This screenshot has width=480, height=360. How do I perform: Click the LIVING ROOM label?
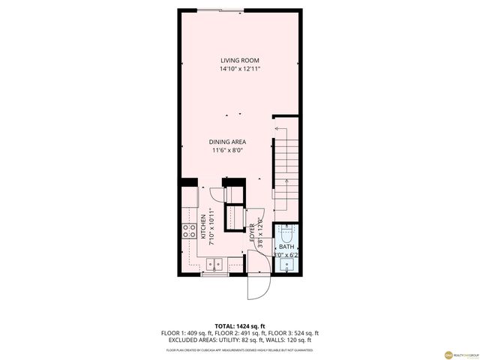pos(240,61)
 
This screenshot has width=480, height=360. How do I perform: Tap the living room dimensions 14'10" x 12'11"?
pos(240,69)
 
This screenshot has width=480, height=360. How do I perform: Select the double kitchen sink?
pos(215,263)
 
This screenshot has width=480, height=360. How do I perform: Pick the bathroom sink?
pos(286,265)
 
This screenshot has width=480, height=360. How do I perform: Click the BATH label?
pos(286,247)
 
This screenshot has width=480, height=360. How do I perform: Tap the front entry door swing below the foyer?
pos(257,286)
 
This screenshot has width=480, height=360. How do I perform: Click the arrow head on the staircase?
pos(277,129)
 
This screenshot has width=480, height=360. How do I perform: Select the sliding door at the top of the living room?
pos(222,10)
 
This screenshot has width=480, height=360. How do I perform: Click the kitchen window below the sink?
pos(215,275)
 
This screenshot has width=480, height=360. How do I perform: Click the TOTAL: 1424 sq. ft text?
pos(240,326)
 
